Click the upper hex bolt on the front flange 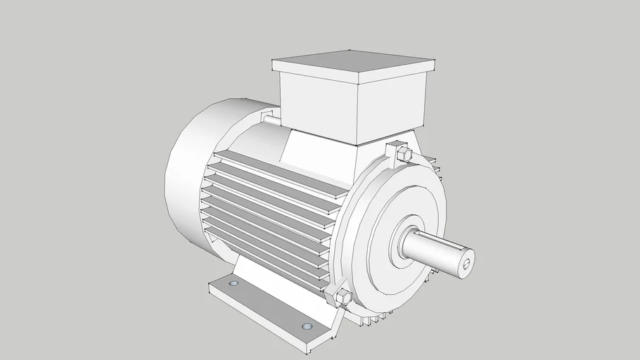coord(403,154)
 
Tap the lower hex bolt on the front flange coord(344,297)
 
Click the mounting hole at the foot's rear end coord(233,283)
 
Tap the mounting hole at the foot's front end coord(306,327)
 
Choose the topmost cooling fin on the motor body coord(281,165)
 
